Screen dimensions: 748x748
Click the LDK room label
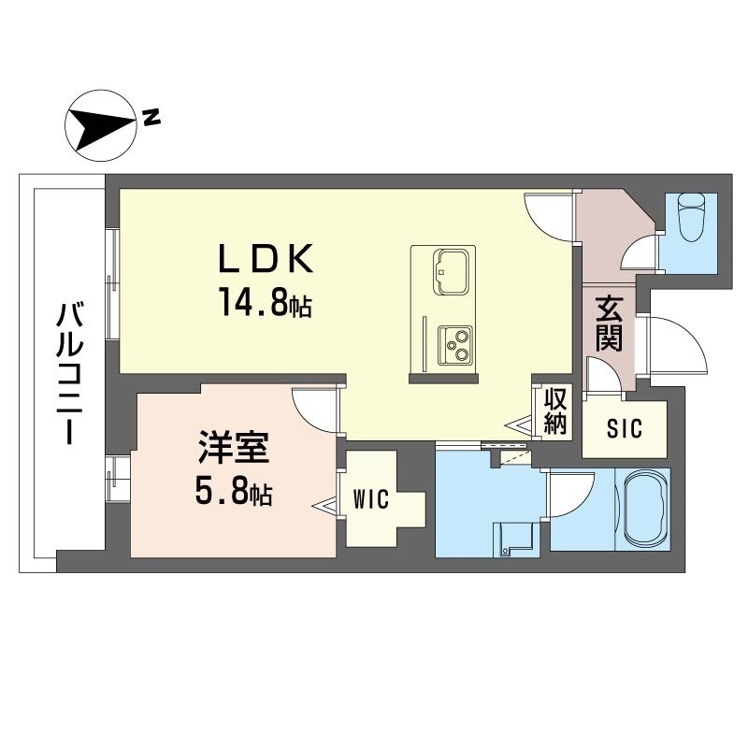pos(266,258)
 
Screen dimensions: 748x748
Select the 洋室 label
pos(235,448)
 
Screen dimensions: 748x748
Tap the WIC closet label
pos(371,499)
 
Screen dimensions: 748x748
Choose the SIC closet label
pos(625,428)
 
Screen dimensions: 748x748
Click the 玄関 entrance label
pos(609,324)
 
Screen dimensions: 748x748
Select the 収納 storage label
pos(555,411)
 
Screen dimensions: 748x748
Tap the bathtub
pos(643,510)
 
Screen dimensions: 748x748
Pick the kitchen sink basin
pos(450,272)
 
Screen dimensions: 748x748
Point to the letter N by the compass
pos(151,118)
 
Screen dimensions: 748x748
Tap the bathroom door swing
pos(571,495)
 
